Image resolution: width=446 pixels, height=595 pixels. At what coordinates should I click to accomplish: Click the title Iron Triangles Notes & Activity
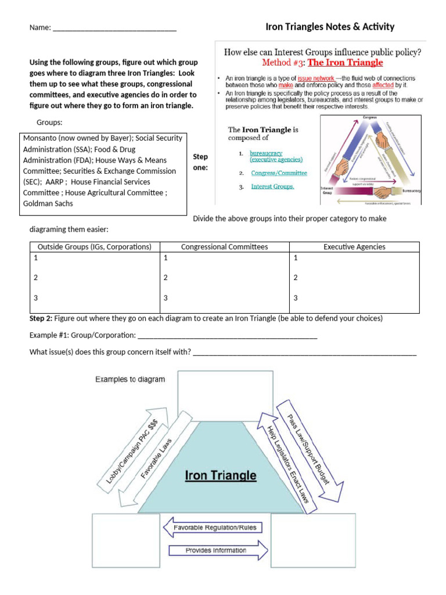click(330, 27)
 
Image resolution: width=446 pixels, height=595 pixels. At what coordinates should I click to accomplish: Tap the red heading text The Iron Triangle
click(345, 63)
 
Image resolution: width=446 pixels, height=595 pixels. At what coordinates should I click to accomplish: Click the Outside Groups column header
click(94, 247)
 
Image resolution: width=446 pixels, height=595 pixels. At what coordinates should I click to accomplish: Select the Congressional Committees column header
click(225, 247)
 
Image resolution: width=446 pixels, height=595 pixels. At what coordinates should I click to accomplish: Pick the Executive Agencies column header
click(354, 247)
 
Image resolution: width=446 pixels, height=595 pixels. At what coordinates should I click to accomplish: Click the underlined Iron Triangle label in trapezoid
click(220, 476)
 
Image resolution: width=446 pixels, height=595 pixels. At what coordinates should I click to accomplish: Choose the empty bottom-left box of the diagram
click(125, 540)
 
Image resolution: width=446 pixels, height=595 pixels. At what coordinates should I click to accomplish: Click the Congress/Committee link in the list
click(279, 173)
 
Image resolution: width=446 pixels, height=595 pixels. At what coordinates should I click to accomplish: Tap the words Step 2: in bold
click(41, 319)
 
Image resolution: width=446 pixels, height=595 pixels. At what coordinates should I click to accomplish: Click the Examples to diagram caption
click(130, 379)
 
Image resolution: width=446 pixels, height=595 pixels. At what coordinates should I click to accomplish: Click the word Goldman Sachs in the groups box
click(48, 204)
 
